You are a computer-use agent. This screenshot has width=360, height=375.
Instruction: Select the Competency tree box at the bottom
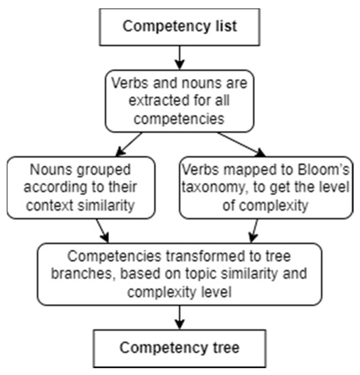click(x=179, y=348)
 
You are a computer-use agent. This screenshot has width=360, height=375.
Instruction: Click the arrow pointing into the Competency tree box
click(x=179, y=316)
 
